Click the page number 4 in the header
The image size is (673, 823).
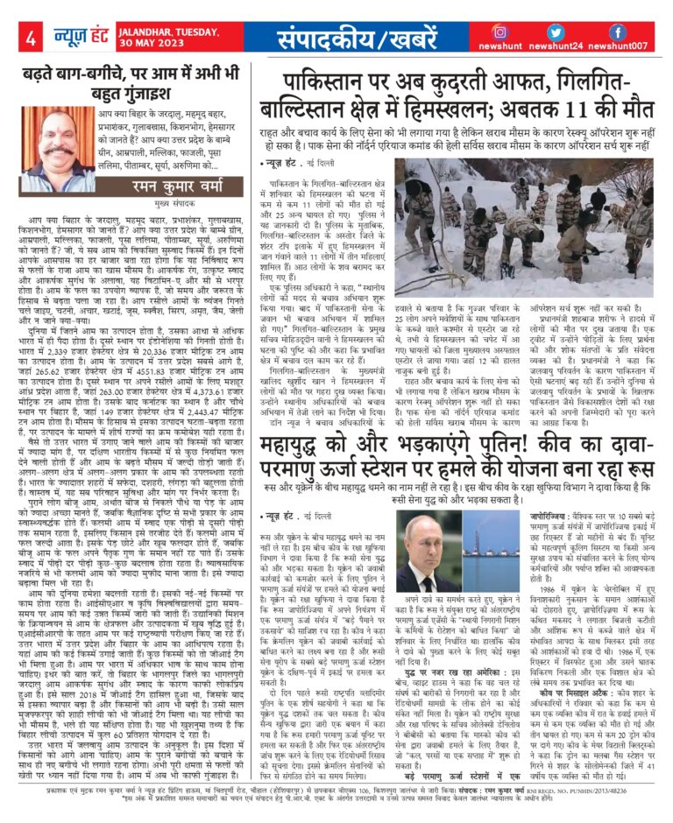click(30, 39)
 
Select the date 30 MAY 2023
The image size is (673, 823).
click(150, 46)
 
